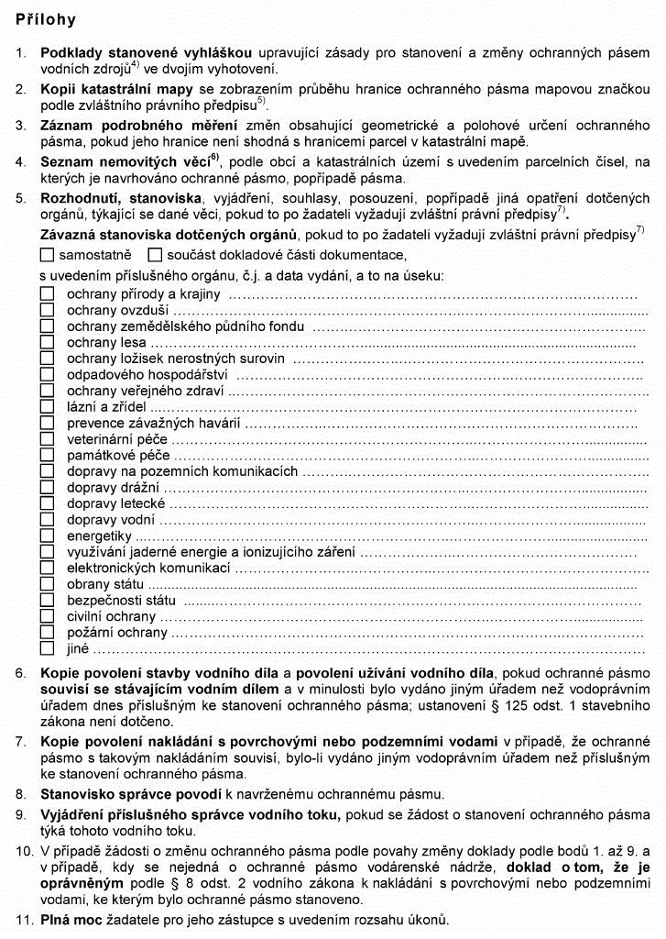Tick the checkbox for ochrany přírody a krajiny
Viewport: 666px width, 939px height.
pos(47,294)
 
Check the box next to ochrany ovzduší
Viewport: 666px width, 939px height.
pos(47,311)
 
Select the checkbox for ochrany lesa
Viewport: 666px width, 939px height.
pos(47,343)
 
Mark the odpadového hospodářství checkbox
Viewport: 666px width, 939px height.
pos(47,375)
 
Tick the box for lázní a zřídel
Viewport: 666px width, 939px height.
pos(47,407)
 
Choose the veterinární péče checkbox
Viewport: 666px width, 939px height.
pos(47,439)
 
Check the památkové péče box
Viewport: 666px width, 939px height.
pos(47,455)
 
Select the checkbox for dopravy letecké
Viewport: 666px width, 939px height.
pos(47,503)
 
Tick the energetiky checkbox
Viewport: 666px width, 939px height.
pos(47,536)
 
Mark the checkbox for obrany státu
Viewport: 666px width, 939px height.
pos(47,584)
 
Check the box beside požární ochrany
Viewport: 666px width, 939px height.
pos(47,633)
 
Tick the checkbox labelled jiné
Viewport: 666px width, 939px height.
pos(47,648)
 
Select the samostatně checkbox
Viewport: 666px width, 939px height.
pos(48,254)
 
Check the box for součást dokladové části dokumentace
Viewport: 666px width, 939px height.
pos(155,254)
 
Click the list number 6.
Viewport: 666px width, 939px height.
pos(21,673)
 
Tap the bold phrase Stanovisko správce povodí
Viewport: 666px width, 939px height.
pos(121,793)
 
